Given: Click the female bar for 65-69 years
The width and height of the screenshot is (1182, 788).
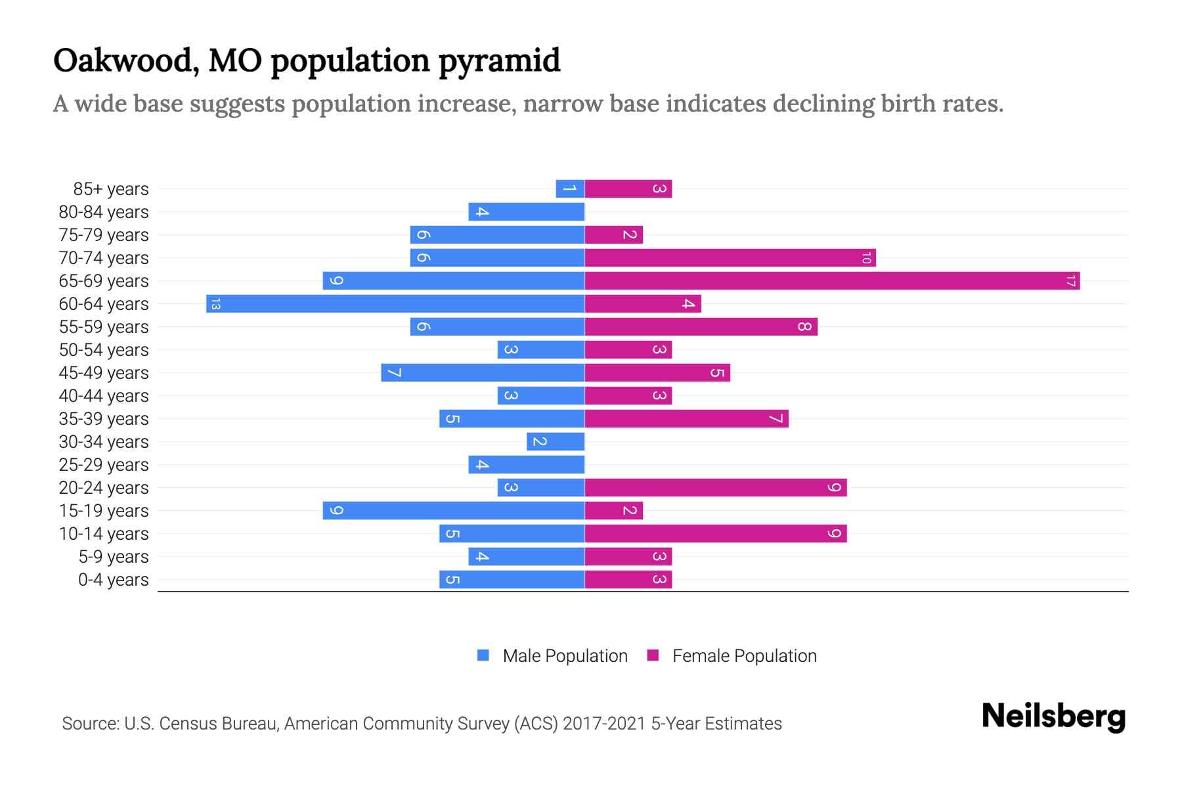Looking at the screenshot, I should point(832,281).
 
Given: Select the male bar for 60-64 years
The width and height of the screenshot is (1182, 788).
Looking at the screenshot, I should point(395,304).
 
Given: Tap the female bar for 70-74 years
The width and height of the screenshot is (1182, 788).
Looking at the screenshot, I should point(730,258).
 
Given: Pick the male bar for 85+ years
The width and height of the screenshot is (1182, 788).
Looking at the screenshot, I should point(570,189).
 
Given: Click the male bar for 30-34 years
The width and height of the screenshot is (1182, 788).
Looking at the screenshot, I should point(556,442).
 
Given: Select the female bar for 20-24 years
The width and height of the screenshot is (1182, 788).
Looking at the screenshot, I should point(716,488).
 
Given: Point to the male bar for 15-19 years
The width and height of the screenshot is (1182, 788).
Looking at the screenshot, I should point(453,511).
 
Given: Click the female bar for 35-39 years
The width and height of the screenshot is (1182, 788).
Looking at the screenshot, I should point(686,419).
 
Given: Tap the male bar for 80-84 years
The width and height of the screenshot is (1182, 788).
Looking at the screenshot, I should point(526,212).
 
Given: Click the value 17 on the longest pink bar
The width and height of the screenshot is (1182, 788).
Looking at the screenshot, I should point(1070,281).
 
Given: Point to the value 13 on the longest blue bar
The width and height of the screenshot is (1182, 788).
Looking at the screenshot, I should point(215,304).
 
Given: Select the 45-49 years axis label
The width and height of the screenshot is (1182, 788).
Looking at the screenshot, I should point(104,373).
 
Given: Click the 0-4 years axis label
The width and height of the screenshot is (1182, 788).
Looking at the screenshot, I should point(113,580).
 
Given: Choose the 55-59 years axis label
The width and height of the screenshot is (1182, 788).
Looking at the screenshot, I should point(104,327).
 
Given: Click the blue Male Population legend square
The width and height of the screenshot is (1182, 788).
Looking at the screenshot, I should point(483,655).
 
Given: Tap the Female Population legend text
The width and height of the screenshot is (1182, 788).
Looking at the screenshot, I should point(744,656).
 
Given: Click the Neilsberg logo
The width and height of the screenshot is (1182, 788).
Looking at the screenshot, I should point(1053,716).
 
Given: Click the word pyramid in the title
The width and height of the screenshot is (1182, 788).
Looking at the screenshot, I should point(499,61).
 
